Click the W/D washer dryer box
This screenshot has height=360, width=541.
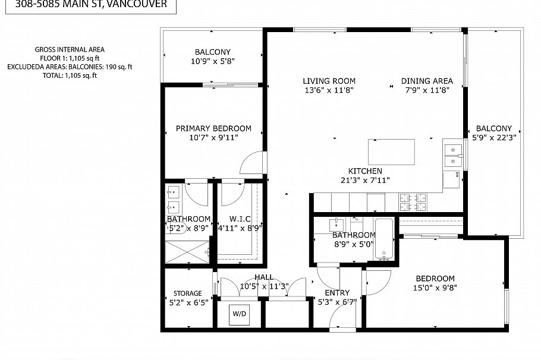click(240, 314)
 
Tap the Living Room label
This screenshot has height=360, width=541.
click(329, 81)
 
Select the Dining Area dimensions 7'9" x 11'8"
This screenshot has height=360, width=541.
click(427, 90)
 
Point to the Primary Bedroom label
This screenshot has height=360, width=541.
click(213, 128)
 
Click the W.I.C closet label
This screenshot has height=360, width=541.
click(240, 218)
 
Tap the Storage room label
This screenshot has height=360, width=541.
click(187, 293)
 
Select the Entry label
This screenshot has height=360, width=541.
click(336, 292)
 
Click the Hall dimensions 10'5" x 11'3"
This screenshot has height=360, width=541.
click(264, 286)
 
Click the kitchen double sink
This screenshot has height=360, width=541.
click(452, 154)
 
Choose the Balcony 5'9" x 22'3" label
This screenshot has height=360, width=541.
click(493, 128)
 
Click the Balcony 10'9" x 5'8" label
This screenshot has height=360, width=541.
click(212, 52)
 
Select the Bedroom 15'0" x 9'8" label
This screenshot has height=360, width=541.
click(435, 278)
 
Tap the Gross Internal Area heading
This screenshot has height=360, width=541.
click(70, 50)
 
